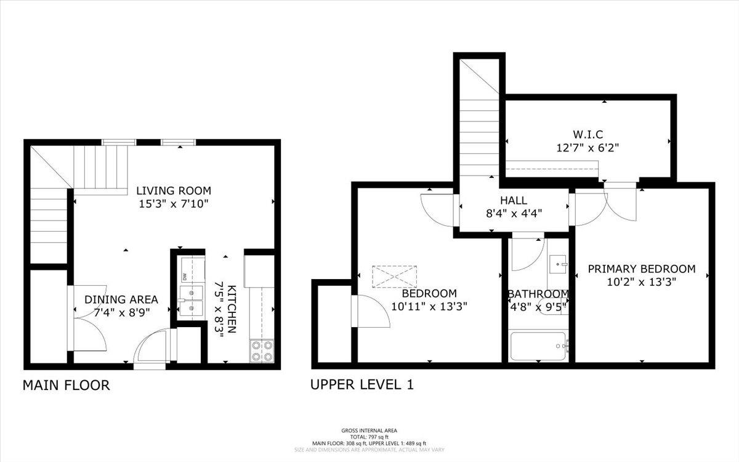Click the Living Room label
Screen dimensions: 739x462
point(174,191)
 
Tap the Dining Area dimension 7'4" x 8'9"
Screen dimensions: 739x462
point(122,312)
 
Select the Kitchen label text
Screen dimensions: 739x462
point(232,309)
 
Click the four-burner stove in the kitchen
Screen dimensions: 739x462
point(262,351)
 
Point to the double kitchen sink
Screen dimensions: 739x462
point(192,301)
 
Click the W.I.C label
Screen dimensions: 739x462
point(588,135)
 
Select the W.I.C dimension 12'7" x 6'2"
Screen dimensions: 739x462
point(588,147)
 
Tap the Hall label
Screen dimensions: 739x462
point(514,200)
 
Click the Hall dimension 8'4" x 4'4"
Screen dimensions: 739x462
point(514,214)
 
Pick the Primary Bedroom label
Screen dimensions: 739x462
point(642,269)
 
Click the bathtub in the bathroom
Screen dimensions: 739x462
point(538,346)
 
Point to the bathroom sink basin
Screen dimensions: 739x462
point(558,264)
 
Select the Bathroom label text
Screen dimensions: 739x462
point(538,294)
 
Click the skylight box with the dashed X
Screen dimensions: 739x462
point(395,277)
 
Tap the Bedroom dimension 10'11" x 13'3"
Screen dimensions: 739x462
point(429,307)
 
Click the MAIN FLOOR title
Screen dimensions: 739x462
point(66,386)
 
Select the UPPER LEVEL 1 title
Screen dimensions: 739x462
point(362,384)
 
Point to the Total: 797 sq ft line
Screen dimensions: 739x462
point(369,437)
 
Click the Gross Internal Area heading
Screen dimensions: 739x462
point(369,431)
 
